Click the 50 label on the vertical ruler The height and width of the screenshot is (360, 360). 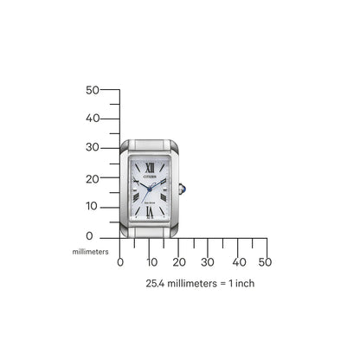pyautogui.click(x=93, y=90)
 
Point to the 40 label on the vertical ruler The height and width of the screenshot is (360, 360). pyautogui.click(x=93, y=119)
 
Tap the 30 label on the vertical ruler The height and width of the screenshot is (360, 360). pyautogui.click(x=93, y=148)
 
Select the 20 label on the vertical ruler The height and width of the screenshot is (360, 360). pyautogui.click(x=93, y=177)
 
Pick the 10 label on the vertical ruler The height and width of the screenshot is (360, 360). pyautogui.click(x=93, y=206)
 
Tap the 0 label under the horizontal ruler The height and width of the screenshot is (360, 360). pyautogui.click(x=120, y=261)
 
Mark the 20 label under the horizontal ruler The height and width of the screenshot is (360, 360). pyautogui.click(x=179, y=261)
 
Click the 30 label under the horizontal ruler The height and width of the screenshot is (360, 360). pyautogui.click(x=208, y=261)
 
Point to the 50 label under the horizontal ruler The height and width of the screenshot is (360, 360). pyautogui.click(x=265, y=261)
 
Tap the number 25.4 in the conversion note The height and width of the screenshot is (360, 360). pyautogui.click(x=157, y=283)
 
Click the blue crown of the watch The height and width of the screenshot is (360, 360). pyautogui.click(x=184, y=189)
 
